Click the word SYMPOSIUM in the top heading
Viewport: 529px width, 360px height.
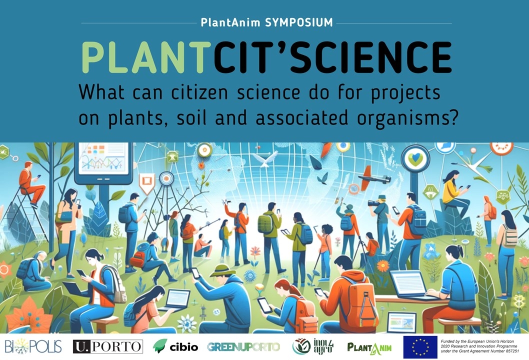tap(299, 22)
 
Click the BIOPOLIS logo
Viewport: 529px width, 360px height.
tap(33, 346)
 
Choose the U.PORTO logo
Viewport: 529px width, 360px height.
tap(108, 346)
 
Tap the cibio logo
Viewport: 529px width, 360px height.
tap(175, 346)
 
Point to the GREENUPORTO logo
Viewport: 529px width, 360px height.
tap(243, 347)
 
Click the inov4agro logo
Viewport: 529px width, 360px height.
tap(312, 346)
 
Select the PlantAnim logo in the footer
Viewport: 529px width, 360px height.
tap(369, 347)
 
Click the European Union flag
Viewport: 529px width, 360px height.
tap(420, 347)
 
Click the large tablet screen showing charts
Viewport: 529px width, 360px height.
tap(103, 158)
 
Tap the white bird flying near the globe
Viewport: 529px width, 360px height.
tap(265, 159)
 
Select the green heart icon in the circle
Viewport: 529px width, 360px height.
tap(415, 158)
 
